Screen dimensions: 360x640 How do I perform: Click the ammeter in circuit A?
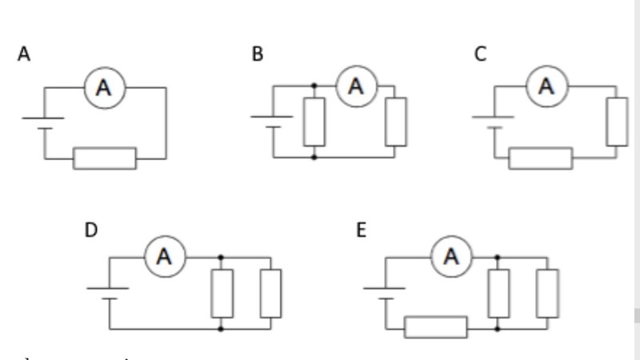[105, 88]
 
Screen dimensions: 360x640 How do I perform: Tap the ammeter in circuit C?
[546, 86]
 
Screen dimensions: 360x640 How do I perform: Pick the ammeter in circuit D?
[165, 256]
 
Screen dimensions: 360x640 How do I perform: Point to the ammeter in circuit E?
[452, 256]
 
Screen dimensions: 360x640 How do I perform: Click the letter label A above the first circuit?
[25, 54]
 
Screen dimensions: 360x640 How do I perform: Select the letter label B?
[258, 54]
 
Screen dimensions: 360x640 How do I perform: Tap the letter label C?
[480, 54]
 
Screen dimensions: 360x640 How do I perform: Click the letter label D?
[91, 230]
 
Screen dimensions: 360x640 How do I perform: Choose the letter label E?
[362, 230]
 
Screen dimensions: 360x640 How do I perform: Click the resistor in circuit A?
[105, 158]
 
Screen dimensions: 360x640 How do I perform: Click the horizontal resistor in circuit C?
[541, 158]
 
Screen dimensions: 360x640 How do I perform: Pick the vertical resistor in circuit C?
[617, 122]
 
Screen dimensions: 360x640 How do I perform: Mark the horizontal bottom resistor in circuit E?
[435, 327]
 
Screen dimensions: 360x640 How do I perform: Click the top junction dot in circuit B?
[314, 86]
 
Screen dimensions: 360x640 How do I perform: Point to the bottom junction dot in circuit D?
[221, 328]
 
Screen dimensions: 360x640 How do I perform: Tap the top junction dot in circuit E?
[498, 257]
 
